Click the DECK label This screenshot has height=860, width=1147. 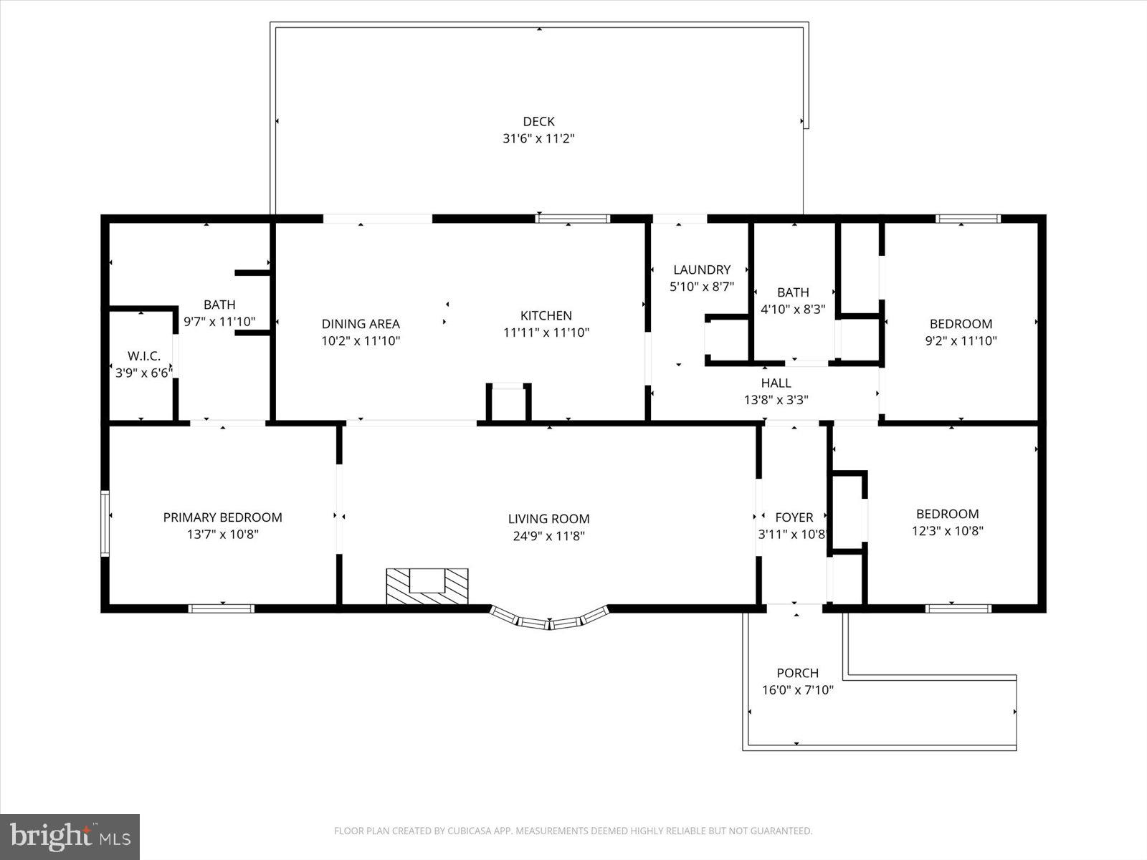[538, 122]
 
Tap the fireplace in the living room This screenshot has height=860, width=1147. [427, 586]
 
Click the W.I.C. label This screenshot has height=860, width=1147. [144, 356]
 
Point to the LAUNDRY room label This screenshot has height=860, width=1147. [702, 269]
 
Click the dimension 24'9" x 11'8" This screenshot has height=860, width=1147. [548, 536]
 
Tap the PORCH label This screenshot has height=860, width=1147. [797, 673]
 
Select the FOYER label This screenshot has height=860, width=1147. [794, 517]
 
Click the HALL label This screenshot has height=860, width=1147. [776, 383]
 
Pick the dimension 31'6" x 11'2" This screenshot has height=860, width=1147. [538, 139]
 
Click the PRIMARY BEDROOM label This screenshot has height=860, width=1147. [222, 517]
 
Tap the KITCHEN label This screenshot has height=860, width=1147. [546, 315]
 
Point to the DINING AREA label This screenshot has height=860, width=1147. [360, 324]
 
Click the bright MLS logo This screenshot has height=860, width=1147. [70, 836]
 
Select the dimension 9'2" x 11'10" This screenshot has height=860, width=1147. [961, 341]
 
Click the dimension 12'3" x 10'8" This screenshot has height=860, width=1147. [947, 531]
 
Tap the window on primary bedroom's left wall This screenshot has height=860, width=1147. [105, 523]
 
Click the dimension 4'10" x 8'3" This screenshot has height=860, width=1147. [793, 310]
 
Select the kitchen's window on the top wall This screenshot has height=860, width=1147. [573, 219]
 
